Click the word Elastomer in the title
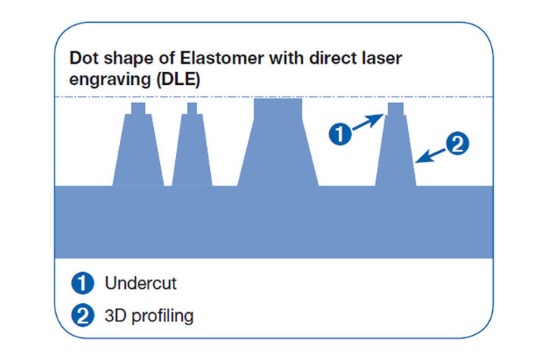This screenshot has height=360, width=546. pyautogui.click(x=221, y=58)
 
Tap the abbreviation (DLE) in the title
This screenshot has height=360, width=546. pyautogui.click(x=178, y=80)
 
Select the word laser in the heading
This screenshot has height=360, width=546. pyautogui.click(x=381, y=58)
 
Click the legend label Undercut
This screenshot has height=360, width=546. pyautogui.click(x=141, y=283)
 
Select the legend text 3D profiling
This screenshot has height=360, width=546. pyautogui.click(x=149, y=316)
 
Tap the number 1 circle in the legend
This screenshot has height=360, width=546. pyautogui.click(x=83, y=283)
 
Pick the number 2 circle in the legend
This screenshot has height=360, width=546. pyautogui.click(x=83, y=315)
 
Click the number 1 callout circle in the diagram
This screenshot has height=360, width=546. pyautogui.click(x=340, y=133)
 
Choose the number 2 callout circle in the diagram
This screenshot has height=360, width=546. pyautogui.click(x=457, y=143)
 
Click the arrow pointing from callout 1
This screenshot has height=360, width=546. pyautogui.click(x=368, y=122)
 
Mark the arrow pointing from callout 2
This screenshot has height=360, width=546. pyautogui.click(x=431, y=156)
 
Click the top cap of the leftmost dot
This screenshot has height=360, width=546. pyautogui.click(x=138, y=108)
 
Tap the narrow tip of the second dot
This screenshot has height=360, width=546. pyautogui.click(x=192, y=108)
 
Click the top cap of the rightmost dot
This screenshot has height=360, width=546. pyautogui.click(x=396, y=108)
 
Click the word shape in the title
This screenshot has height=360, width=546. pyautogui.click(x=129, y=58)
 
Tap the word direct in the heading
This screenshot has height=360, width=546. pyautogui.click(x=333, y=58)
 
